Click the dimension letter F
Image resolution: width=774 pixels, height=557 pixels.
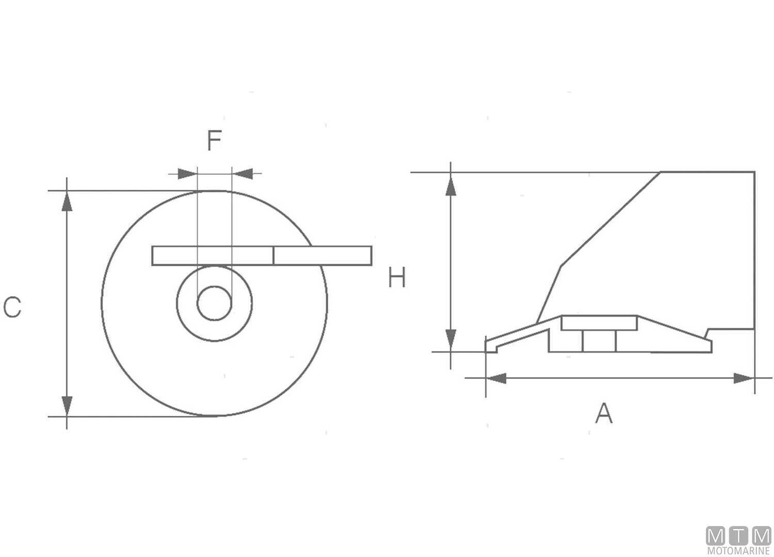(x=214, y=140)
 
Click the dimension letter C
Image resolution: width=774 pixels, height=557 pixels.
(x=12, y=307)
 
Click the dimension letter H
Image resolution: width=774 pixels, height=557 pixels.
(x=397, y=278)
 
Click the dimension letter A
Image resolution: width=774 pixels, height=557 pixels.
(x=604, y=414)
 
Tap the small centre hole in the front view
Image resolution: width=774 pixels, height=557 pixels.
(x=214, y=303)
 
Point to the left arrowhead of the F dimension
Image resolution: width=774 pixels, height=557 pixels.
(x=187, y=173)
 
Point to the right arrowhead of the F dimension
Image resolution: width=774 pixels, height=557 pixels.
(x=243, y=173)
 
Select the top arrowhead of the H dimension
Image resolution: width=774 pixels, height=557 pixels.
(x=451, y=186)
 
